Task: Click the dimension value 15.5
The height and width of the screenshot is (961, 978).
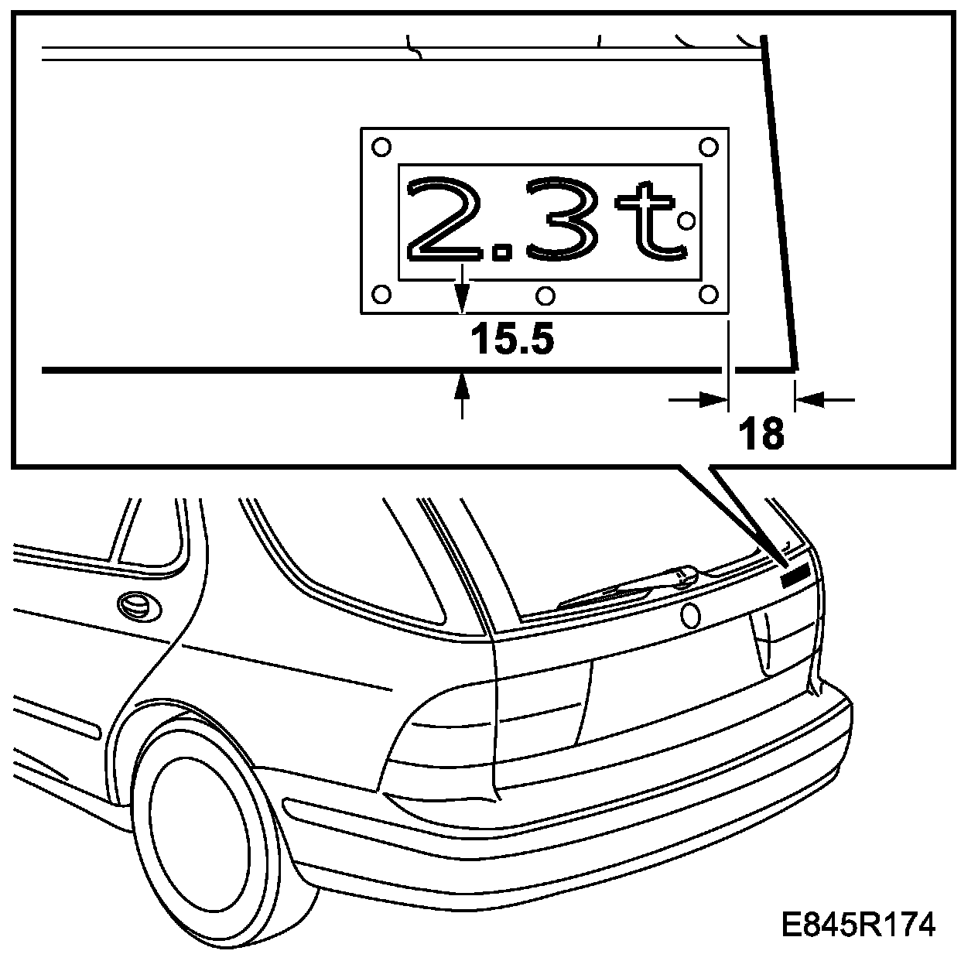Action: coord(512,339)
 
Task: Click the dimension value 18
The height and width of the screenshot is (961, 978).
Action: coord(761,434)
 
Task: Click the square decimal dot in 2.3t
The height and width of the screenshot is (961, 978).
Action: coord(503,251)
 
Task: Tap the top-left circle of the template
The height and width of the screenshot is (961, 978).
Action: coord(381,147)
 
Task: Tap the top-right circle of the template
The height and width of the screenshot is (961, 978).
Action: coord(709,147)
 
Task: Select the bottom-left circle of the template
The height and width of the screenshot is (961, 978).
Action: coord(381,294)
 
